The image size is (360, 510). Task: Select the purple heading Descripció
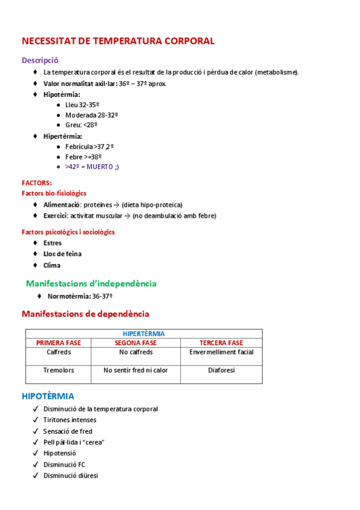pyautogui.click(x=40, y=60)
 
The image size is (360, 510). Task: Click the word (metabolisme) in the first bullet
pyautogui.click(x=276, y=72)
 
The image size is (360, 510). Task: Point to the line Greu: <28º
pyautogui.click(x=81, y=124)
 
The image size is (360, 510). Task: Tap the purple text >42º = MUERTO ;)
pyautogui.click(x=92, y=167)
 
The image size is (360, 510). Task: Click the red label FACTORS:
pyautogui.click(x=37, y=183)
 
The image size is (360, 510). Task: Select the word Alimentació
pyautogui.click(x=62, y=204)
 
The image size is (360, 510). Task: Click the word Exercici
pyautogui.click(x=55, y=215)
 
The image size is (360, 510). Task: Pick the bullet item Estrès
pyautogui.click(x=52, y=243)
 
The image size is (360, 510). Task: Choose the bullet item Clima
pyautogui.click(x=52, y=265)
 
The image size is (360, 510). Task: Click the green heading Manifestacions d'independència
pyautogui.click(x=91, y=283)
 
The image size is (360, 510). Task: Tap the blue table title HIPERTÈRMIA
pyautogui.click(x=144, y=333)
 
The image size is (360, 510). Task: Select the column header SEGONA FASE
pyautogui.click(x=136, y=343)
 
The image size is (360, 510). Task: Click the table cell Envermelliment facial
pyautogui.click(x=221, y=352)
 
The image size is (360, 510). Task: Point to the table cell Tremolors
pyautogui.click(x=58, y=370)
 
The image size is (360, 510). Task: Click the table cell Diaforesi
pyautogui.click(x=221, y=370)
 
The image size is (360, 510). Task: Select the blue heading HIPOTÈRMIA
pyautogui.click(x=48, y=396)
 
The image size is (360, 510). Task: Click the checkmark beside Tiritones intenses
pyautogui.click(x=36, y=420)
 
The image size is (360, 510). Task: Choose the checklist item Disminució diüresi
pyautogui.click(x=70, y=476)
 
